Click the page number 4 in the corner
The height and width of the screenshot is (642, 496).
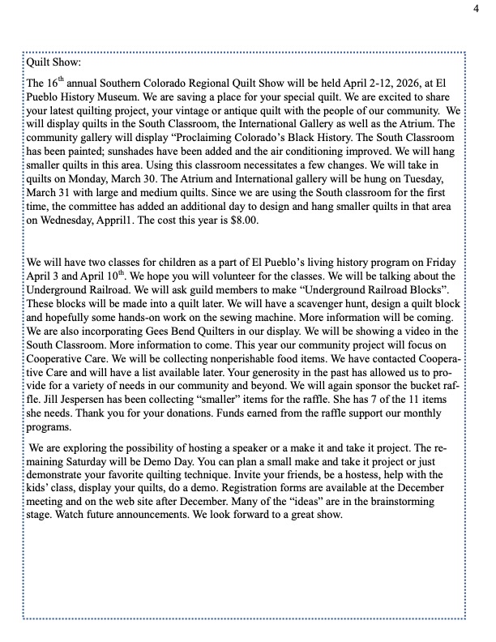tap(477, 8)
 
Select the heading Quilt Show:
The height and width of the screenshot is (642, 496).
tap(53, 62)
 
